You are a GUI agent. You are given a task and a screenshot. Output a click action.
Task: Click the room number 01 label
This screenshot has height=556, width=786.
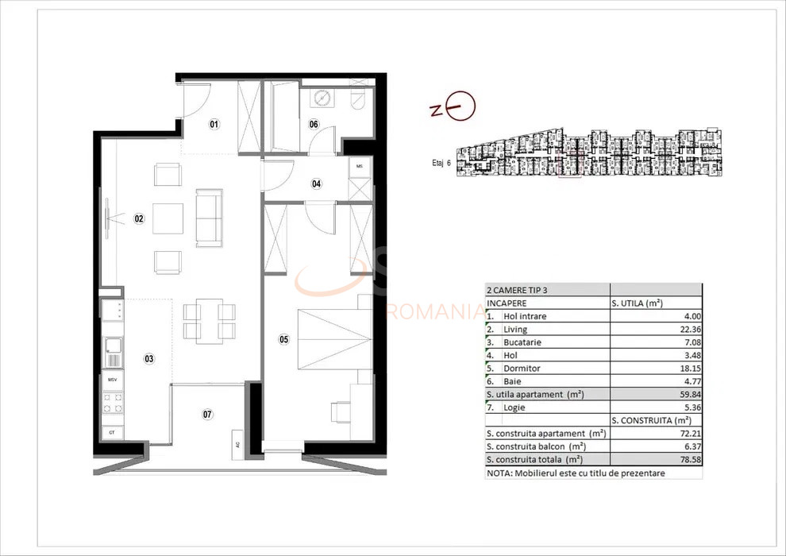pyautogui.click(x=214, y=124)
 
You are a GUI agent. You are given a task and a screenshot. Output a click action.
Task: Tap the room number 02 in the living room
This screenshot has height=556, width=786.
pyautogui.click(x=139, y=218)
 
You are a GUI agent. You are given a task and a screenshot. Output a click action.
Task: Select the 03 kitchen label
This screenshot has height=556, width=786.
pyautogui.click(x=148, y=359)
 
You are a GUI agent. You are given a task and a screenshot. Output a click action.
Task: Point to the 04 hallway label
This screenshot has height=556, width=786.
pyautogui.click(x=317, y=184)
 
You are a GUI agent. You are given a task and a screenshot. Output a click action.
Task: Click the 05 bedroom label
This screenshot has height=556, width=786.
pyautogui.click(x=283, y=339)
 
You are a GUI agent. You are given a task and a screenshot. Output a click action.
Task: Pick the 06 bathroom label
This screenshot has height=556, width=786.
pyautogui.click(x=314, y=124)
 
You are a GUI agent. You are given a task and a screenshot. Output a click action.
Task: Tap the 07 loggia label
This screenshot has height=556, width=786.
pyautogui.click(x=207, y=414)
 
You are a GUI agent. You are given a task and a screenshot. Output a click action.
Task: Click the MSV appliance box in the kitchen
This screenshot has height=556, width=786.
pyautogui.click(x=112, y=380)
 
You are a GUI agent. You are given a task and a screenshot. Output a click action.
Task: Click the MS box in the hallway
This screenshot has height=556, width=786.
pyautogui.click(x=360, y=166)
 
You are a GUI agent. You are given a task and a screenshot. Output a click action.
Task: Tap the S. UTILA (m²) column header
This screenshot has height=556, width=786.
pyautogui.click(x=638, y=303)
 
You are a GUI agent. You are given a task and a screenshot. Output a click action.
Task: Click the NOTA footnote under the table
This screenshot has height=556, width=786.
pyautogui.click(x=576, y=473)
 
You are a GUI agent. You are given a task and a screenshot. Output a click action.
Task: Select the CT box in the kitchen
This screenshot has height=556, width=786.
pyautogui.click(x=112, y=432)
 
